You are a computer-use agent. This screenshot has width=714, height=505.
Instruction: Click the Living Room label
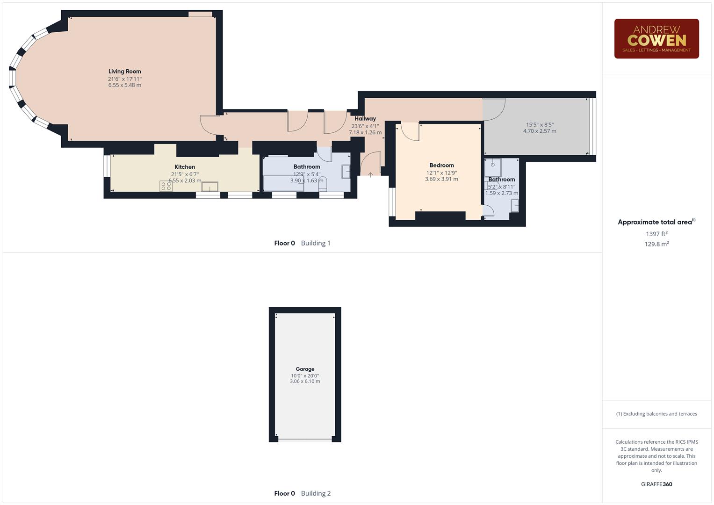tap(125, 72)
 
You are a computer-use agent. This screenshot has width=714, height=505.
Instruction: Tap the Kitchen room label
tap(185, 167)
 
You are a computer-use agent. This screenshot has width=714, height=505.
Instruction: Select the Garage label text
tap(305, 369)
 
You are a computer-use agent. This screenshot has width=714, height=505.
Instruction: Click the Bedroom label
tap(441, 165)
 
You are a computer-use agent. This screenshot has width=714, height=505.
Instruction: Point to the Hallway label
tap(365, 119)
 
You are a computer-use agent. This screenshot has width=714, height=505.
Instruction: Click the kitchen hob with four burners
tap(166, 186)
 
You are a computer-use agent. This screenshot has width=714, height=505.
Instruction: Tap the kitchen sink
tap(209, 187)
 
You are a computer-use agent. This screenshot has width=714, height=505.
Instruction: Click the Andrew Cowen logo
tap(656, 39)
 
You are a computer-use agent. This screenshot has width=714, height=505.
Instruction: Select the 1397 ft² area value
tap(656, 234)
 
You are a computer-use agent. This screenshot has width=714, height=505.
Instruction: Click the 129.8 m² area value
tap(656, 244)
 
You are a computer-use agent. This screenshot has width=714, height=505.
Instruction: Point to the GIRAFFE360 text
tap(656, 484)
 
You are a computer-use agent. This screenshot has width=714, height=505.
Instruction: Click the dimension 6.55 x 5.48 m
tap(125, 86)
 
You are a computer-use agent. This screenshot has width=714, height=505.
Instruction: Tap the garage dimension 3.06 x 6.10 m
tap(305, 382)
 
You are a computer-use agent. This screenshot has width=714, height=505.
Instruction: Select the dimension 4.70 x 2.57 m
tap(540, 131)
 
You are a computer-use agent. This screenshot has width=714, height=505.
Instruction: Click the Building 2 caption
tap(316, 493)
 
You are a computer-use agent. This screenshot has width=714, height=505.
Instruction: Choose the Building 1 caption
tap(316, 243)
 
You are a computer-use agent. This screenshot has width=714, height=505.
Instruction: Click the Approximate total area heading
tap(656, 222)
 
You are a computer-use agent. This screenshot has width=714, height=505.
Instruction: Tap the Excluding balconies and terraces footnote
tap(656, 414)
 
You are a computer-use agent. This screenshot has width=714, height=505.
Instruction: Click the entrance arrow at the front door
tap(371, 175)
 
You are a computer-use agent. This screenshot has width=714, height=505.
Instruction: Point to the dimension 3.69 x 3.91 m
tap(441, 179)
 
